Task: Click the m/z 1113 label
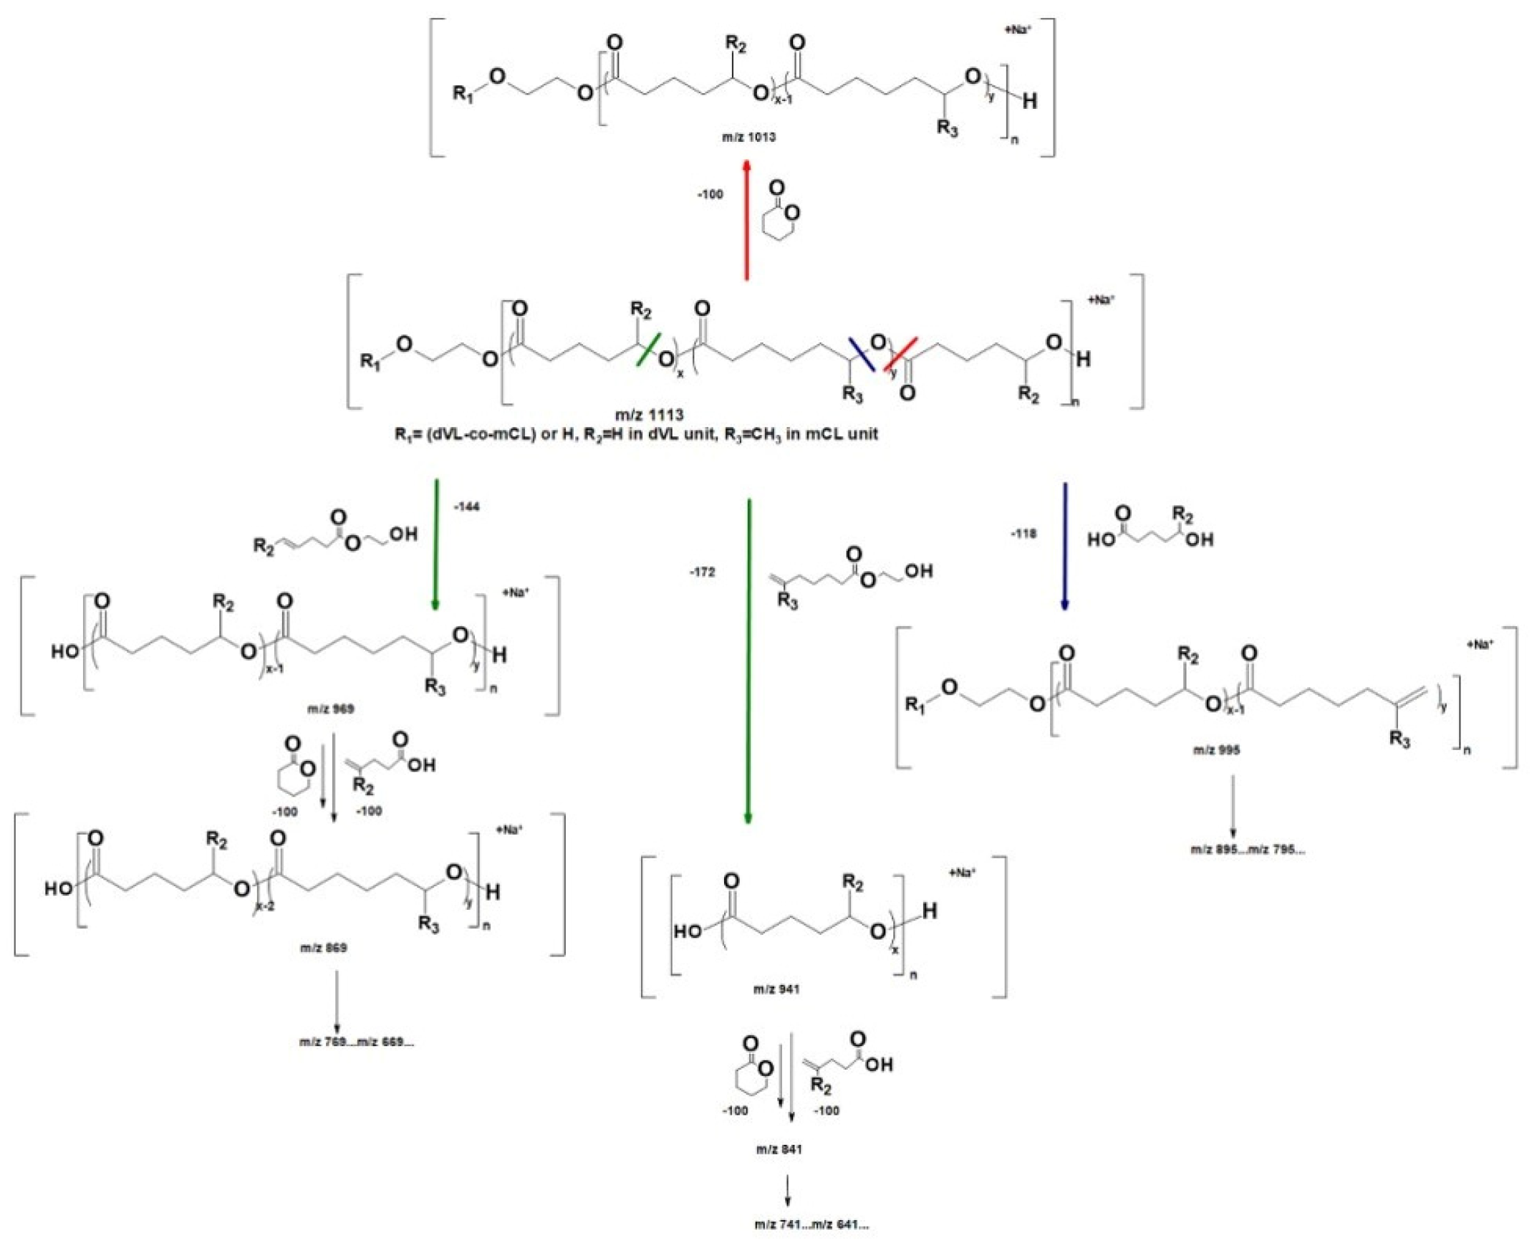coord(650,414)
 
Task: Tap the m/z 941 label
coord(776,989)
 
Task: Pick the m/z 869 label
coord(323,948)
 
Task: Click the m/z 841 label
coord(779,1150)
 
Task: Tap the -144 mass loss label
coord(466,507)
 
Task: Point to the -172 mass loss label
coord(702,572)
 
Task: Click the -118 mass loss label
coord(1023,534)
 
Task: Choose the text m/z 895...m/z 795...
coord(1248,850)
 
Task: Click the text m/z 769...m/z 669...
coord(357,1042)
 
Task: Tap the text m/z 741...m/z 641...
coord(811,1225)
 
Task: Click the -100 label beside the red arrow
coord(710,194)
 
